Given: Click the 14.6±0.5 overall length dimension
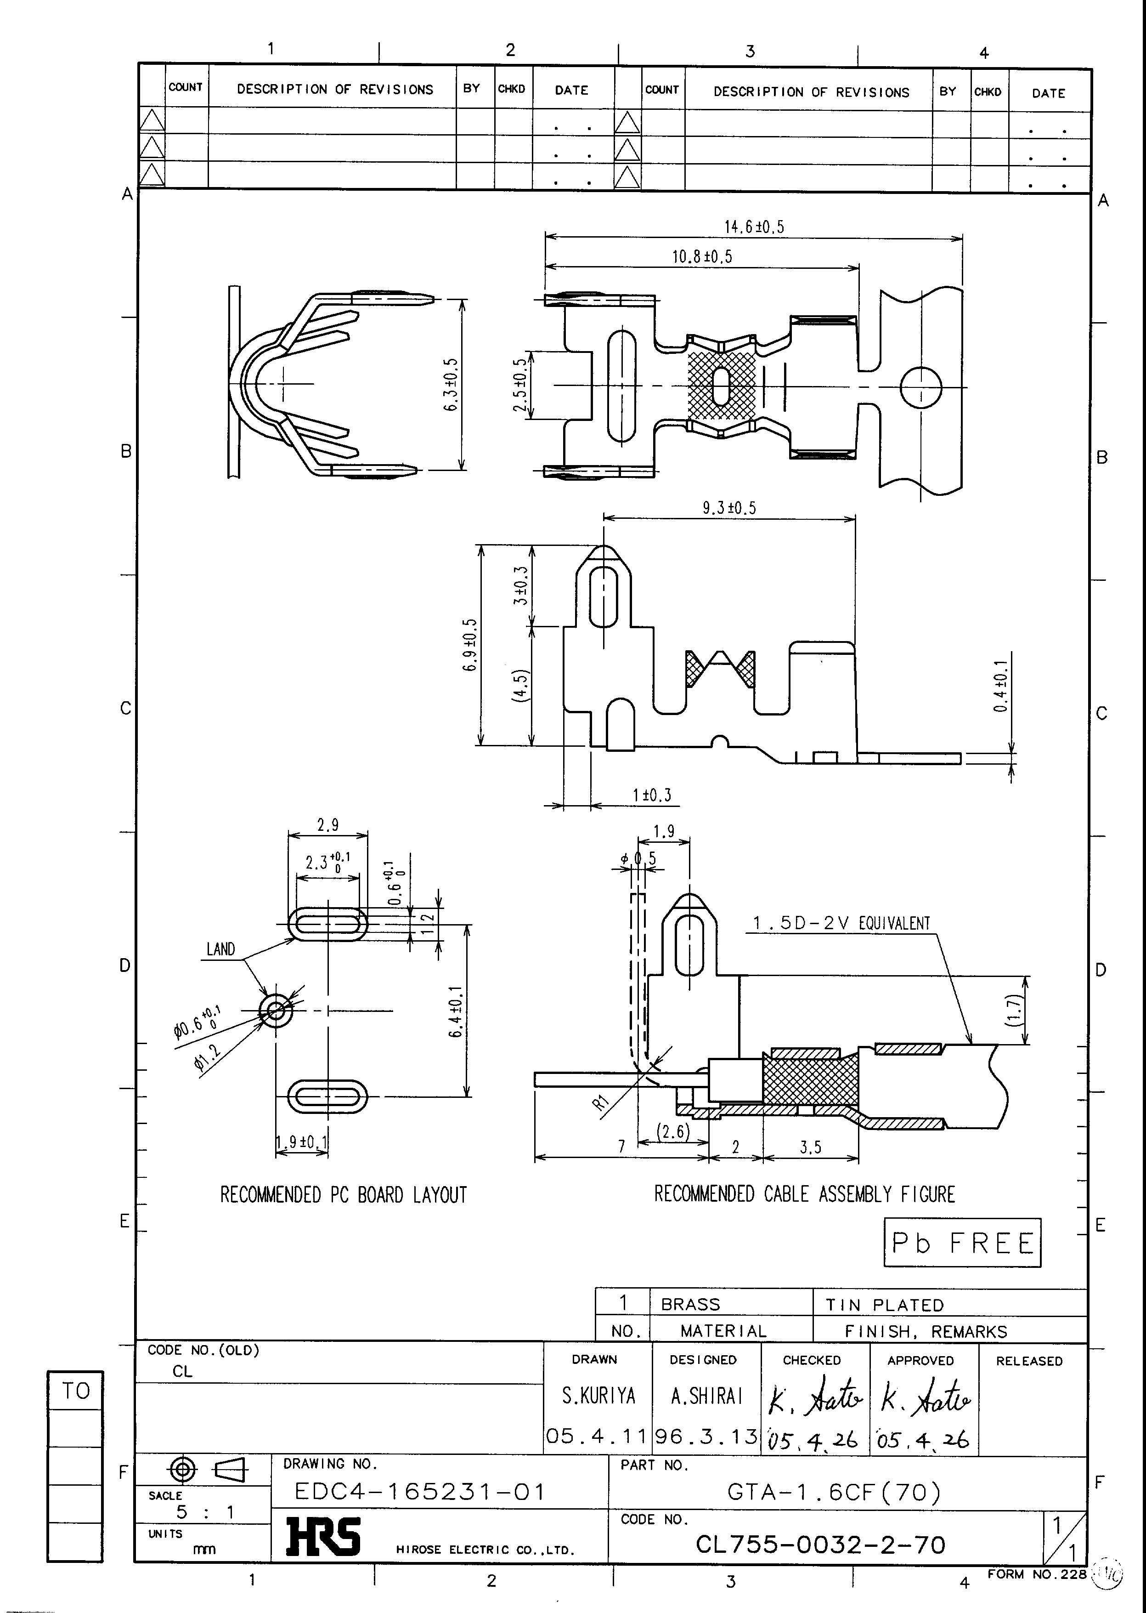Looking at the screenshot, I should [754, 227].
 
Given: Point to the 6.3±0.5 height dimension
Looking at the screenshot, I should [452, 385].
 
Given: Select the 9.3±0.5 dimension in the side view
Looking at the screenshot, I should [729, 507].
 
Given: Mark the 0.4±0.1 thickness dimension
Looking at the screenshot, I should [1001, 686].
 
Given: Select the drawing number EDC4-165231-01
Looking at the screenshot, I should [420, 1492].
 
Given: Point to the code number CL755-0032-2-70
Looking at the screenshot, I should [820, 1545].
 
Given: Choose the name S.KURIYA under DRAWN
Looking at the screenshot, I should [598, 1396].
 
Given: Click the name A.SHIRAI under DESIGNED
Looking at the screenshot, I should [706, 1396].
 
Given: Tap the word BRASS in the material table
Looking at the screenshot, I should [690, 1304].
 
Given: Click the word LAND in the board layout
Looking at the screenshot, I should [220, 949].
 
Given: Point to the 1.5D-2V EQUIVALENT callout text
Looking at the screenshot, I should [841, 923].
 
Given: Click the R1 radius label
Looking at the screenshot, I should [600, 1102].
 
